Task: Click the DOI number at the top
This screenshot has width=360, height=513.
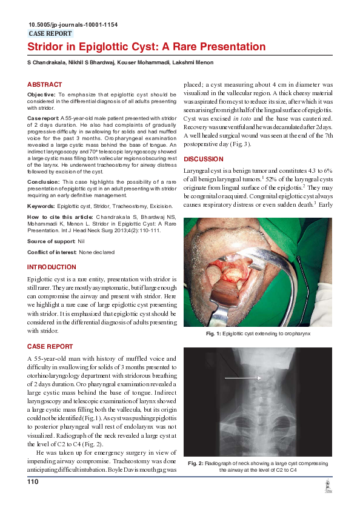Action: pyautogui.click(x=73, y=25)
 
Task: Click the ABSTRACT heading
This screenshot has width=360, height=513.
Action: pyautogui.click(x=44, y=84)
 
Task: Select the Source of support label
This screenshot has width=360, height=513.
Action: pyautogui.click(x=47, y=241)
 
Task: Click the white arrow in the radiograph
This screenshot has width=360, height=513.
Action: pyautogui.click(x=242, y=378)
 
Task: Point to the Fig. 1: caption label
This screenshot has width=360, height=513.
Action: pyautogui.click(x=213, y=334)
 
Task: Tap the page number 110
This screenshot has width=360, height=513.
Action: pyautogui.click(x=33, y=481)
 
